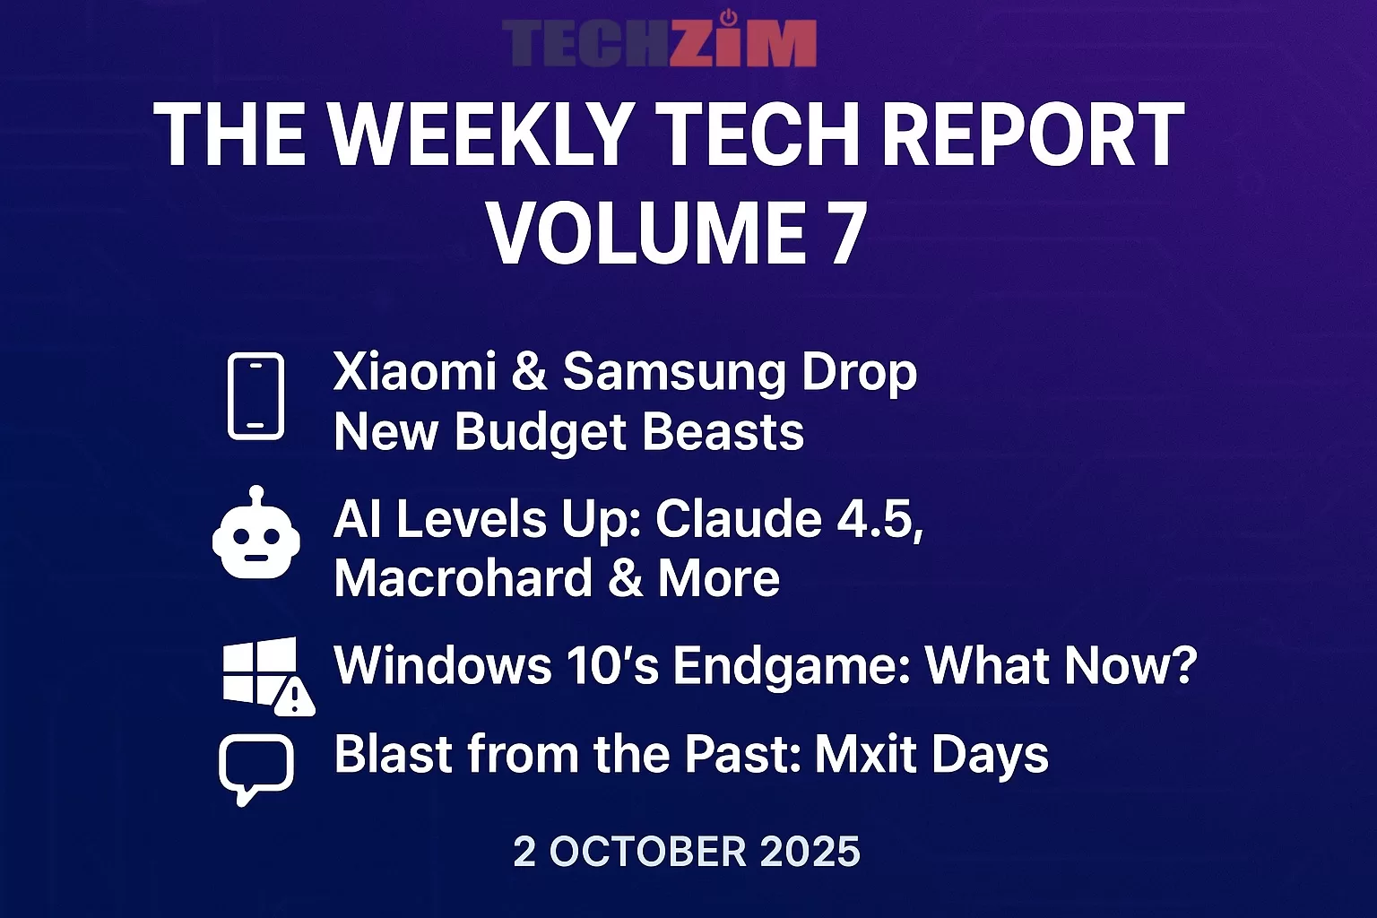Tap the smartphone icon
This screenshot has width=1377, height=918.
(255, 396)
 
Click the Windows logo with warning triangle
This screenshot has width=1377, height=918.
(265, 674)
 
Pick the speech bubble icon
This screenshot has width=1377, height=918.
(256, 767)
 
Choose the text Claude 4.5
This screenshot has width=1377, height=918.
(789, 519)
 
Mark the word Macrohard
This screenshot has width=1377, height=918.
(463, 578)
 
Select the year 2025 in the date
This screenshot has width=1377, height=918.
(810, 852)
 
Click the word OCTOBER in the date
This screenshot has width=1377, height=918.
(647, 852)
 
